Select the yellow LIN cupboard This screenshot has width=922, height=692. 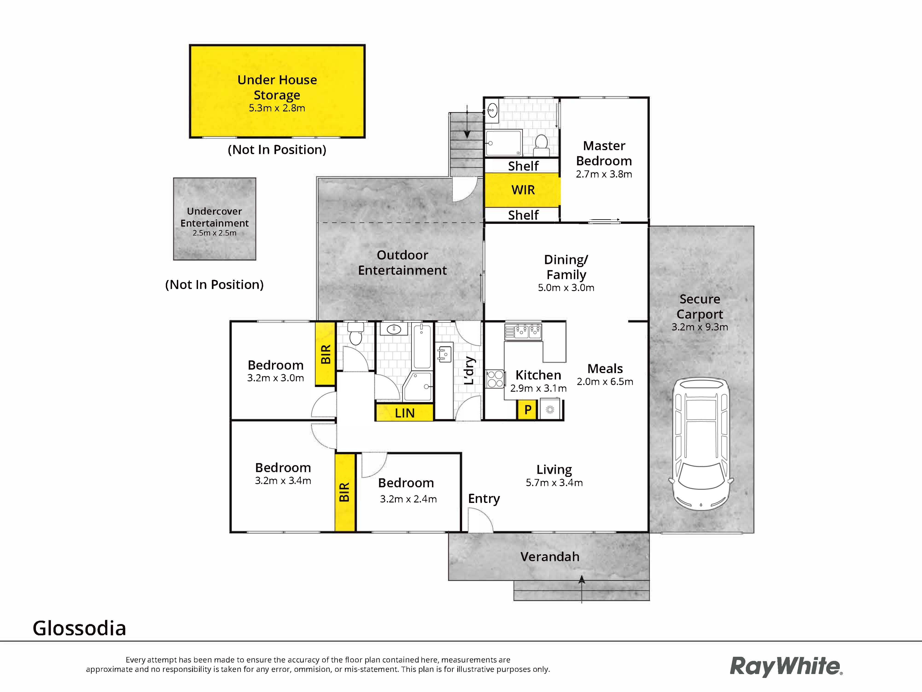coord(404,413)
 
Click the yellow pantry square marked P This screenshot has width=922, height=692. coord(527,410)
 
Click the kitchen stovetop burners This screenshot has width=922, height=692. coord(495,379)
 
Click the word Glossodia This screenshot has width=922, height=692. coord(79,628)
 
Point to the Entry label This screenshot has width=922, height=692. coord(484,499)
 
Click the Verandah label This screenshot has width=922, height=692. coord(550,557)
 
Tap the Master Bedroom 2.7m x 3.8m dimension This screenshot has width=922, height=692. coord(604,174)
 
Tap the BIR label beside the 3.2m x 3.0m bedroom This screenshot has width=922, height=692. coord(326,354)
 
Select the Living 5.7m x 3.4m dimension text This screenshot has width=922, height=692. coord(554,483)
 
